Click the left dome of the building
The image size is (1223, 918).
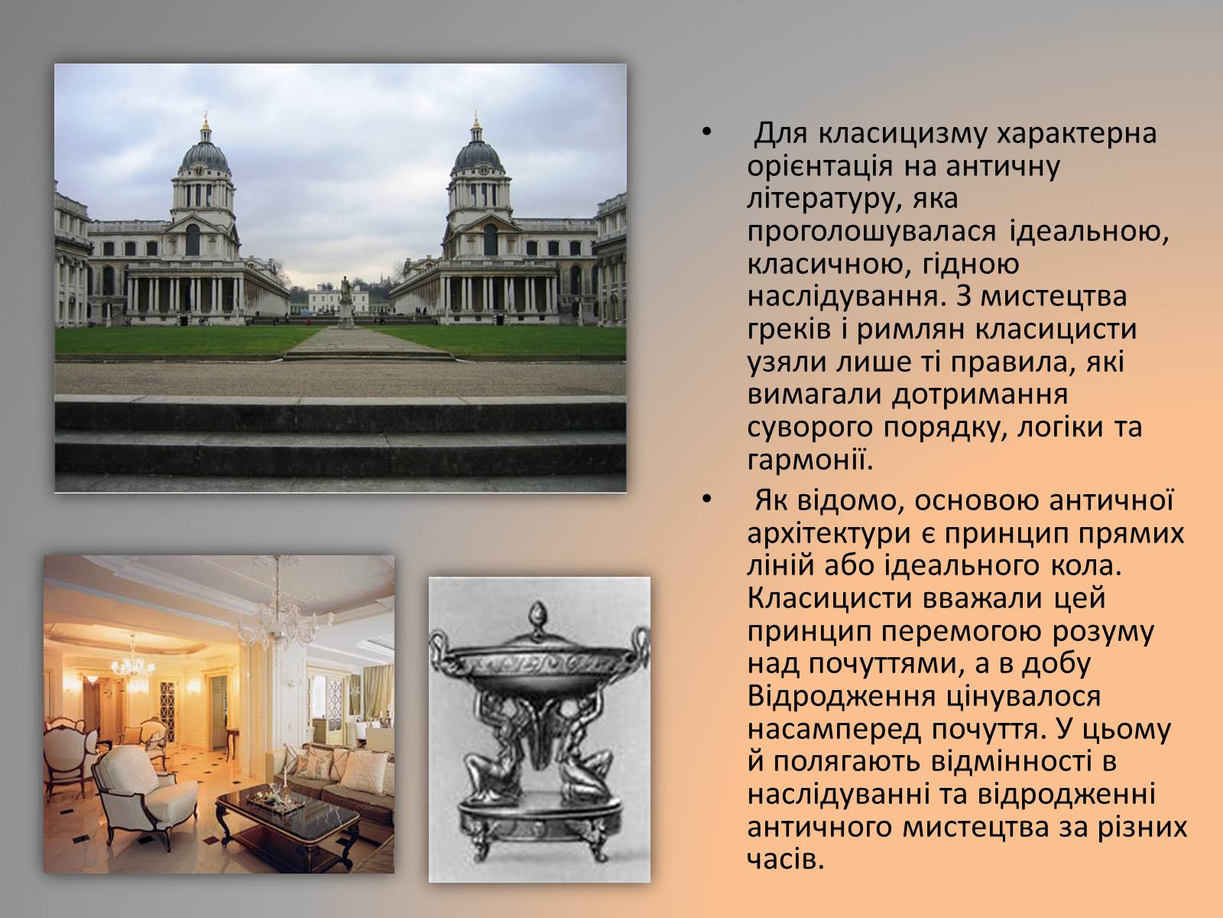click(205, 156)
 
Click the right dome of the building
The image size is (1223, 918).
click(477, 156)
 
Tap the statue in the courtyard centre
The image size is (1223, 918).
click(346, 301)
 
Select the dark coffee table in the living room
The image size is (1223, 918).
click(287, 819)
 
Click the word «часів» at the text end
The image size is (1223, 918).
click(785, 859)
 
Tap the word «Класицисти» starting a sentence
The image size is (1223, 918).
click(831, 599)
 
